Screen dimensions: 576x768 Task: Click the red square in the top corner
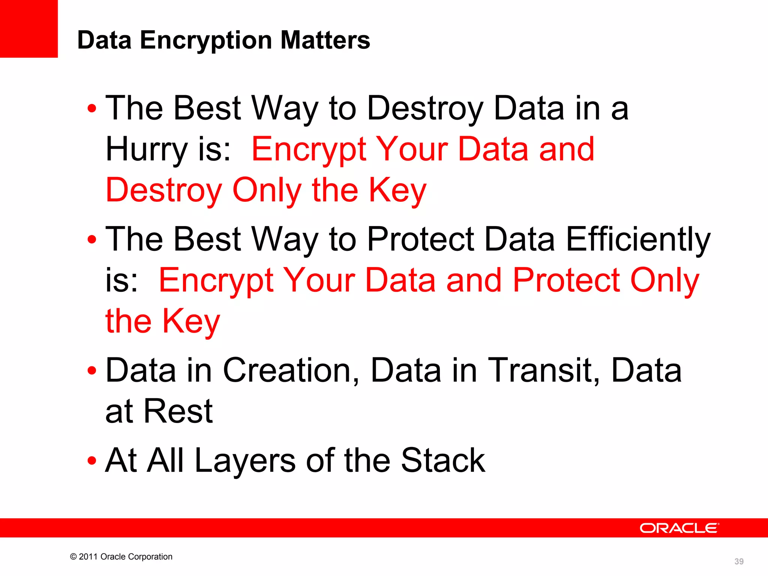tap(28, 28)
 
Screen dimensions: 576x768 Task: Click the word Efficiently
tap(638, 240)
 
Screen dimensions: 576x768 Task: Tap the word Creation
tap(291, 370)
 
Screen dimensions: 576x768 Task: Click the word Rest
tap(178, 411)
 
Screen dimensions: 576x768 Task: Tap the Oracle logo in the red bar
tap(679, 528)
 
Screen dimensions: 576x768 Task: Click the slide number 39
tap(739, 561)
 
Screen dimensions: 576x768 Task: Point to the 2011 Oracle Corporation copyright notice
tap(121, 556)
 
